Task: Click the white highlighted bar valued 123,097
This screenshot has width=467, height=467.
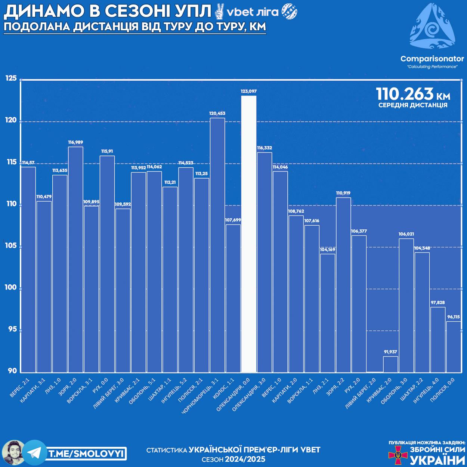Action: (249, 233)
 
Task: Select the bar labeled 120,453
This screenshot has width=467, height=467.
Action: (217, 245)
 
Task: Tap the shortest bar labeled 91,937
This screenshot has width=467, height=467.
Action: (390, 364)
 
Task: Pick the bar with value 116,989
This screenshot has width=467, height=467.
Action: (75, 259)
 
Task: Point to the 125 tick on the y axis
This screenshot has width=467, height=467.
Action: (11, 78)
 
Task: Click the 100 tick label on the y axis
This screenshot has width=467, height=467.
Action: (11, 287)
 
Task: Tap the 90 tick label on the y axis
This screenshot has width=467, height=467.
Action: (12, 371)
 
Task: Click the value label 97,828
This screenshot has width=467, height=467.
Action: (438, 303)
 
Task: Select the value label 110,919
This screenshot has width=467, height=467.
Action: (343, 193)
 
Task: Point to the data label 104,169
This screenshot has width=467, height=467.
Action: (328, 250)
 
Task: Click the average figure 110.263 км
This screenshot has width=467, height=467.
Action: (413, 94)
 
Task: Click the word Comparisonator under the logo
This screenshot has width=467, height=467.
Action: (432, 59)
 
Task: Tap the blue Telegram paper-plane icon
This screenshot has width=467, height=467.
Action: (35, 452)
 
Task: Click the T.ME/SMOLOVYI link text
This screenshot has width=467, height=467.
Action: (86, 454)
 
